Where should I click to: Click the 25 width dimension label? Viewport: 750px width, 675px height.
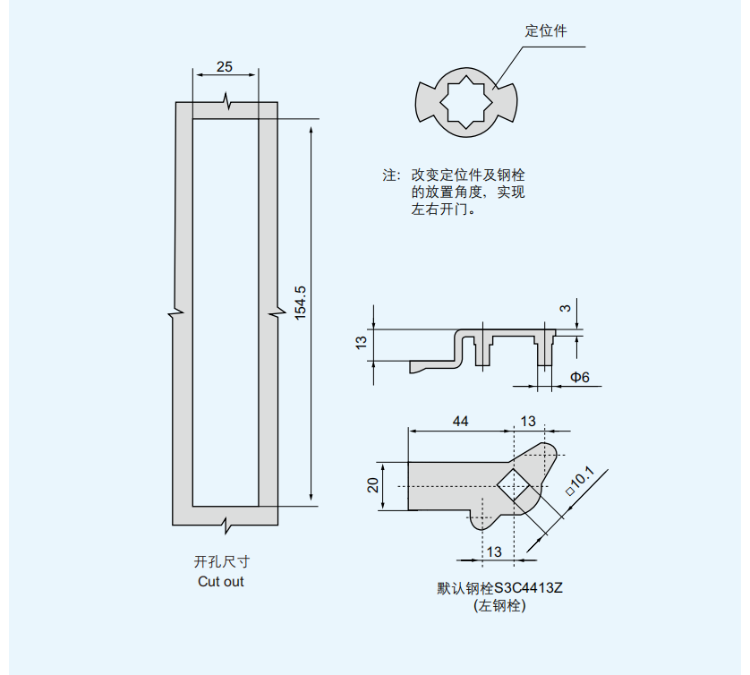[x=225, y=67]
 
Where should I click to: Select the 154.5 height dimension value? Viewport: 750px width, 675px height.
[x=301, y=303]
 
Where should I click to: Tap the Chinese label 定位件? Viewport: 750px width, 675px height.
[x=545, y=31]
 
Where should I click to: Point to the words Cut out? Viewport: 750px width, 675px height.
[x=221, y=582]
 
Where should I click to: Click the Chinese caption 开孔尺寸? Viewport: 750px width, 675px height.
[x=221, y=562]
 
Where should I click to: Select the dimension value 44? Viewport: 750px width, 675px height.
[x=460, y=421]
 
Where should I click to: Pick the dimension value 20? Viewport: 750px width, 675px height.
[x=374, y=485]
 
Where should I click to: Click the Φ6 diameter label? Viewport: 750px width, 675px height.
[x=580, y=377]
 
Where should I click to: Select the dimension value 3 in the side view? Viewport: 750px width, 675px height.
[x=565, y=308]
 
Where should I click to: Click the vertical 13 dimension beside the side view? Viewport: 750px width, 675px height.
[x=362, y=343]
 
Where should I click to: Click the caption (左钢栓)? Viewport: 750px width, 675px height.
[x=499, y=606]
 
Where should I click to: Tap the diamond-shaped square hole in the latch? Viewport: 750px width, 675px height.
[x=513, y=486]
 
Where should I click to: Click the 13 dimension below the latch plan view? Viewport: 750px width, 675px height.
[x=494, y=551]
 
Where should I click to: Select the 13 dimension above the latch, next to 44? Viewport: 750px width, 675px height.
[x=528, y=421]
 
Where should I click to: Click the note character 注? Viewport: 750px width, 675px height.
[x=390, y=175]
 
